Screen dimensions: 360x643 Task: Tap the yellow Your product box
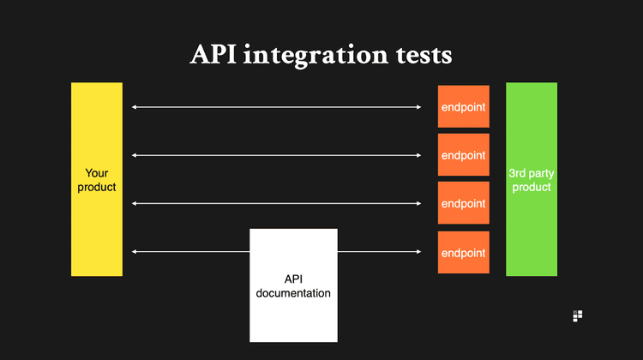coord(97,179)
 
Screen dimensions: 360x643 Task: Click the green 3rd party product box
coord(532,179)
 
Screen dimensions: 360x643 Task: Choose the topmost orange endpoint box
coord(464,107)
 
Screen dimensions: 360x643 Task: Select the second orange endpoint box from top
coord(464,155)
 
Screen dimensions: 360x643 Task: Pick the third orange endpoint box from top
coord(464,203)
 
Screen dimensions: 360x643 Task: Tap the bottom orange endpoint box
coord(464,252)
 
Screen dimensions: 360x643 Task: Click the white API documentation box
coord(293,285)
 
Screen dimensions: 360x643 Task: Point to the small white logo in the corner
coord(577,316)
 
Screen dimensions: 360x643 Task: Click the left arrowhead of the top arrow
coord(135,107)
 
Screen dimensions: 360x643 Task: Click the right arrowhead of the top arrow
coord(419,107)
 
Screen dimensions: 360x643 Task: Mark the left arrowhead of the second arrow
coord(135,155)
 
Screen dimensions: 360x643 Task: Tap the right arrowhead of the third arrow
coord(419,203)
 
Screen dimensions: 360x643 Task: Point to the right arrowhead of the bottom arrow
coord(419,251)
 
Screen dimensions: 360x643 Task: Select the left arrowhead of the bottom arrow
coord(135,251)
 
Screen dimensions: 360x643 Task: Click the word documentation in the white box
coord(293,293)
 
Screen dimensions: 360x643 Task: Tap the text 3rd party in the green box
coord(532,173)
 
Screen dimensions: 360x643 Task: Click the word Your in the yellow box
coord(97,173)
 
